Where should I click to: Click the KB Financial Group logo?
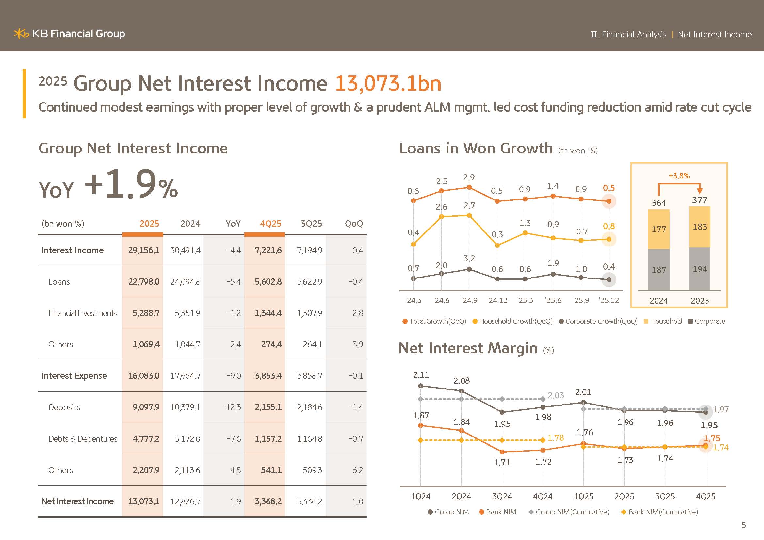tap(69, 34)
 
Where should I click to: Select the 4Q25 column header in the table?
tap(270, 223)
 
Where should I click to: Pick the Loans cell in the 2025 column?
tap(144, 282)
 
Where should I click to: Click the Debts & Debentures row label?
tap(83, 438)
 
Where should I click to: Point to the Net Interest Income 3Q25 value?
tap(309, 501)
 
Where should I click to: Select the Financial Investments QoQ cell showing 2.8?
tap(357, 313)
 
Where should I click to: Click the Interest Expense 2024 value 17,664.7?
tap(185, 376)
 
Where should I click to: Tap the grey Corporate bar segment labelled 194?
tap(699, 269)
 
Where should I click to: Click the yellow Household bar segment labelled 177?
tap(658, 229)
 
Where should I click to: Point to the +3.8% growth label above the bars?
tap(679, 176)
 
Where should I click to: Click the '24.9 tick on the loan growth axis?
tap(469, 301)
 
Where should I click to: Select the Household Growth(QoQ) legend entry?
tap(512, 321)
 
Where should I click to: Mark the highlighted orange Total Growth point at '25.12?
tap(609, 201)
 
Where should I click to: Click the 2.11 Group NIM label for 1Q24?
tap(421, 375)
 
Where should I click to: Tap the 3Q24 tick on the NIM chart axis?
tap(502, 496)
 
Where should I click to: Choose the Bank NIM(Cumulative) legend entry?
tap(659, 512)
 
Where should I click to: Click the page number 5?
tap(744, 525)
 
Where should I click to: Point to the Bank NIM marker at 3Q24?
tap(502, 452)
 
